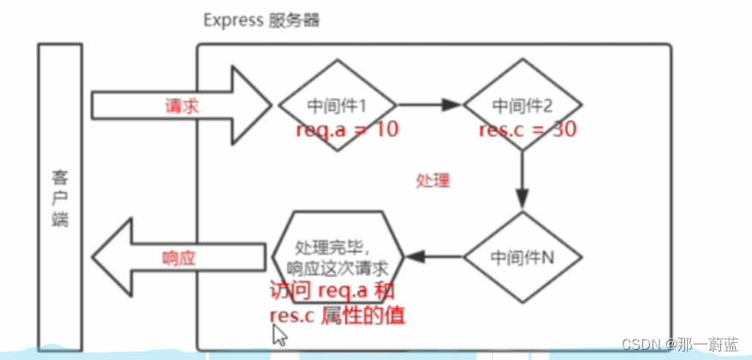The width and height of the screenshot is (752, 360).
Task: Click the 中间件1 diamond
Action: click(x=337, y=105)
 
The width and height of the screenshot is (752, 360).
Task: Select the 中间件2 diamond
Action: click(x=522, y=105)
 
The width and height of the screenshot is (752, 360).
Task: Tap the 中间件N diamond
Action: click(x=522, y=255)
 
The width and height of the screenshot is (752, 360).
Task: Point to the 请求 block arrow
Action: click(x=180, y=105)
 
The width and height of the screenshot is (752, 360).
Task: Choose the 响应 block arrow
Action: click(x=180, y=256)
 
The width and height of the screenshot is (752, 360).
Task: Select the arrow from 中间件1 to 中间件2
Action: click(x=430, y=105)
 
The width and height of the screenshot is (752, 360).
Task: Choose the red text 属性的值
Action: click(x=363, y=316)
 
